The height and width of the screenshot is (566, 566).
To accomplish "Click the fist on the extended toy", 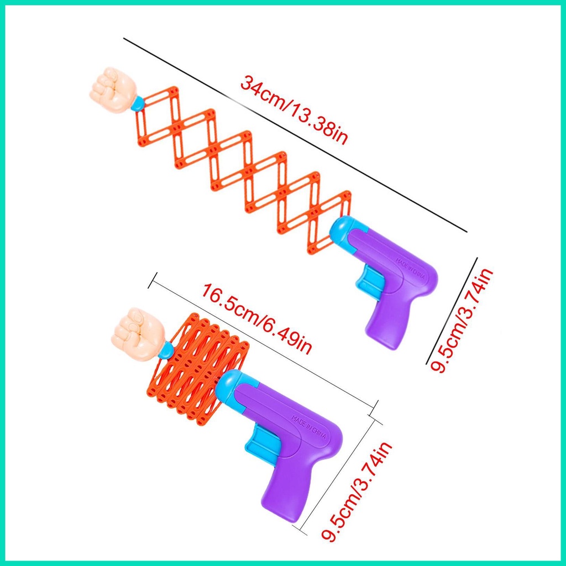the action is click(112, 91).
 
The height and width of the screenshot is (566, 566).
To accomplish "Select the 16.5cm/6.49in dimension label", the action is click(258, 319).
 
